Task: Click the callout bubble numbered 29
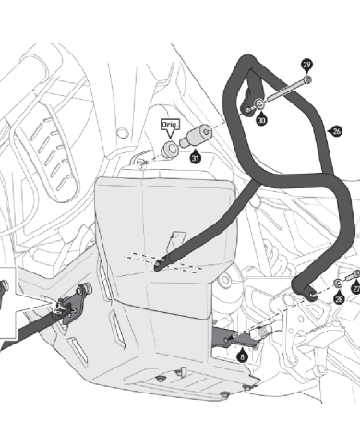tap(306, 65)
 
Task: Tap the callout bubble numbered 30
tap(261, 119)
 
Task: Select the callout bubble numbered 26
tap(337, 131)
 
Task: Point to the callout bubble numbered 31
tap(195, 158)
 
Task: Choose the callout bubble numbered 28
tap(339, 299)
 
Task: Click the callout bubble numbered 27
tap(356, 289)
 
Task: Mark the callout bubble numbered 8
tap(243, 356)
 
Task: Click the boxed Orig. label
tap(171, 125)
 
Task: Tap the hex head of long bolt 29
tap(307, 79)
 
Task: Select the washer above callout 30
tap(259, 103)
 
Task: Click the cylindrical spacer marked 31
tap(195, 136)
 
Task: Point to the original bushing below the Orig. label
tap(171, 150)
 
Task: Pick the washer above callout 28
tap(338, 283)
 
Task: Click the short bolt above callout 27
tap(354, 275)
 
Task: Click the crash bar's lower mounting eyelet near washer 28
tap(311, 295)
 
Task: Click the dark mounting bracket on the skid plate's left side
tap(73, 303)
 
